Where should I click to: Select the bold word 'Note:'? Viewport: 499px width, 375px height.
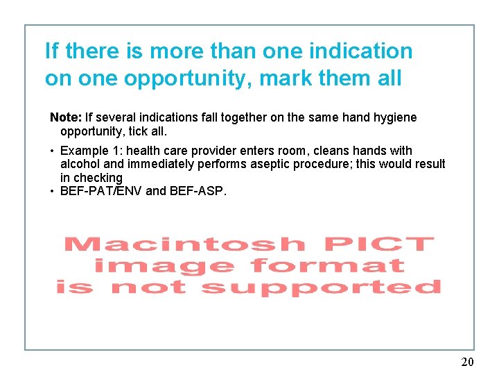tap(65, 117)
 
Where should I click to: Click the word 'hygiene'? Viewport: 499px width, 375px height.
tap(395, 117)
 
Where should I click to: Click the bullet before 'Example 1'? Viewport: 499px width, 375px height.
tap(53, 151)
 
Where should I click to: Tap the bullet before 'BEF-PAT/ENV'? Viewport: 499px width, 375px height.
tap(53, 191)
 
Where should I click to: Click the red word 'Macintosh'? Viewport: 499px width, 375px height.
tap(183, 244)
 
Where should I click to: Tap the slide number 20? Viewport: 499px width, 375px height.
tap(467, 362)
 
